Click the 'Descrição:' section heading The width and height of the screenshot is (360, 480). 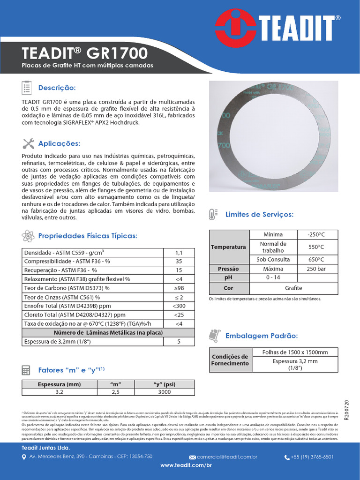click(56, 88)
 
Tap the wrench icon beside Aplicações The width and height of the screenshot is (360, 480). click(27, 143)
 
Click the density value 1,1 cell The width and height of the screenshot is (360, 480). click(178, 252)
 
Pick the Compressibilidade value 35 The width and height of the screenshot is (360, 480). click(178, 261)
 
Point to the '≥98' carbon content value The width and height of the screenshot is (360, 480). click(178, 288)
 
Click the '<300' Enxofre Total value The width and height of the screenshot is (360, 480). click(178, 306)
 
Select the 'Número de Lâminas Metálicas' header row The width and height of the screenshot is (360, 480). click(108, 332)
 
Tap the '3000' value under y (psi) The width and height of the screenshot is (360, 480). click(164, 392)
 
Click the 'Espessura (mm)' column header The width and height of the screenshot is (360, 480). click(59, 384)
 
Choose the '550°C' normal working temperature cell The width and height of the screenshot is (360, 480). click(315, 247)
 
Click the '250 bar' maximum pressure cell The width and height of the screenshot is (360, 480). click(315, 269)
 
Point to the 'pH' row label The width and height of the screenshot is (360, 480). click(228, 277)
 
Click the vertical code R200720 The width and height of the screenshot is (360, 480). click(347, 411)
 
